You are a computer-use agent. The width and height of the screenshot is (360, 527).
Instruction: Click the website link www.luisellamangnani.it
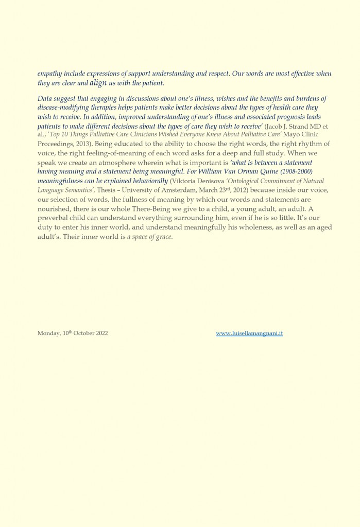pyautogui.click(x=249, y=333)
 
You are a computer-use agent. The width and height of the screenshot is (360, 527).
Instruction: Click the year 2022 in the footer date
pyautogui.click(x=100, y=333)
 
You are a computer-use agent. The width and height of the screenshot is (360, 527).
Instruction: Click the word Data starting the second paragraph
pyautogui.click(x=46, y=99)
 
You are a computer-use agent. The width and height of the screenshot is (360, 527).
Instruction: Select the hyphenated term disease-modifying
pyautogui.click(x=65, y=108)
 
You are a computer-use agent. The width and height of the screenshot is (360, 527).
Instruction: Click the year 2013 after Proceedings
pyautogui.click(x=77, y=144)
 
